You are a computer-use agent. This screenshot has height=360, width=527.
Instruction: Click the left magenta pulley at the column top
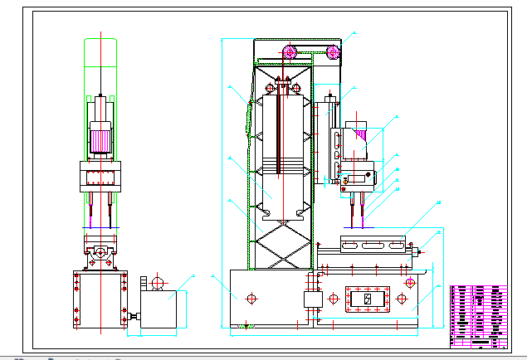[x=290, y=55]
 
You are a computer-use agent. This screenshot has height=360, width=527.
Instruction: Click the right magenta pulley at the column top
[x=334, y=54]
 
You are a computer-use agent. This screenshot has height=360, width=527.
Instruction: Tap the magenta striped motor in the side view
[x=358, y=137]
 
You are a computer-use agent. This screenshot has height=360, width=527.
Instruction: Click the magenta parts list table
[x=478, y=315]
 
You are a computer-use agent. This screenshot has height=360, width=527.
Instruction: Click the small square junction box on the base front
[x=313, y=299]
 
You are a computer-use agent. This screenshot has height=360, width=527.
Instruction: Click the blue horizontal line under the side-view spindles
[x=358, y=226]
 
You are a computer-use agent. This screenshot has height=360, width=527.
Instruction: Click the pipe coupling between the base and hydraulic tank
[x=132, y=316]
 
